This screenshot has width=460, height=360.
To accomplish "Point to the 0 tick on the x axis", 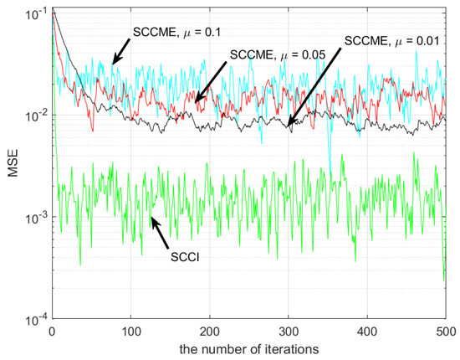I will tap(52, 330).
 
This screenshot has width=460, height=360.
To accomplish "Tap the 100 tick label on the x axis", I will tap(130, 330).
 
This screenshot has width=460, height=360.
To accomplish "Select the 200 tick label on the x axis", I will tap(209, 330).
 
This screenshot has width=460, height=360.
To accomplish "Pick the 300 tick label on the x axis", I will tap(288, 330).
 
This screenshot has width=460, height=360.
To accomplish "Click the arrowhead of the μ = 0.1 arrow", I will tap(114, 63).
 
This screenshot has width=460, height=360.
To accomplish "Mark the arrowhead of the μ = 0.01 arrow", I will tap(288, 126).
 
